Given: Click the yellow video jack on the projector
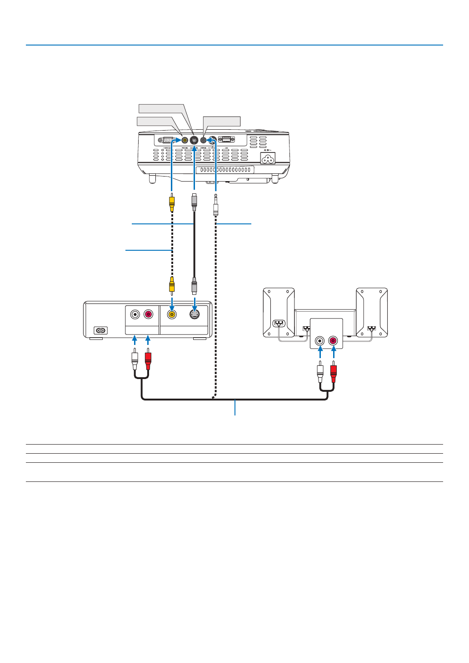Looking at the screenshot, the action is [185, 140].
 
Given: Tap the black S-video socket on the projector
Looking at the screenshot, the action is [194, 140].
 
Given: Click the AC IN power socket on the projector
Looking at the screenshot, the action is [268, 158].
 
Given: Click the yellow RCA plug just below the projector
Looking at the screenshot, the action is [171, 203].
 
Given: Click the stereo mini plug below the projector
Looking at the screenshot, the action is [215, 206].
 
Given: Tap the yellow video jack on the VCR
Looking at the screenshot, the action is [172, 314].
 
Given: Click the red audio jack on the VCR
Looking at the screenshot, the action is [148, 314].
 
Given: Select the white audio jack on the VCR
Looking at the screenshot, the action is [135, 314].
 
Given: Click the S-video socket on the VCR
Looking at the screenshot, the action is [195, 314].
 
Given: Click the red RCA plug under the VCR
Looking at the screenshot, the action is [148, 359].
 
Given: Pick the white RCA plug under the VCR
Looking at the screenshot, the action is [135, 359].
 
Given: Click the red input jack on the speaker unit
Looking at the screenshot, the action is [334, 340].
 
